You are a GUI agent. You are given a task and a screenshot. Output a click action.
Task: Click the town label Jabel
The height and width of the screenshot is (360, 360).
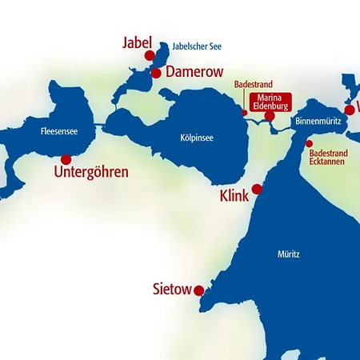pyautogui.click(x=136, y=42)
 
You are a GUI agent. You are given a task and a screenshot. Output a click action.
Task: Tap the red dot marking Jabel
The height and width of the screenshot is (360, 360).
pyautogui.click(x=149, y=55)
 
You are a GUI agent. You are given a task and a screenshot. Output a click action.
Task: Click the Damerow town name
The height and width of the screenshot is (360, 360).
pyautogui.click(x=194, y=72)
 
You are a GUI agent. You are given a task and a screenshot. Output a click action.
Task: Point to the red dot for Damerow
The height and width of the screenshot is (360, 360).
pyautogui.click(x=156, y=73)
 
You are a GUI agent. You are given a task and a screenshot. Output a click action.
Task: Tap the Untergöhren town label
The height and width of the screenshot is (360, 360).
pyautogui.click(x=90, y=171)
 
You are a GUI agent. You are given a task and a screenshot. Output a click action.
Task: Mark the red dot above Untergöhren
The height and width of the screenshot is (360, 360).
pyautogui.click(x=66, y=160)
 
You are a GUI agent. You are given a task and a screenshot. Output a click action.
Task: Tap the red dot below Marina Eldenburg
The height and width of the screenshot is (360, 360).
pyautogui.click(x=270, y=117)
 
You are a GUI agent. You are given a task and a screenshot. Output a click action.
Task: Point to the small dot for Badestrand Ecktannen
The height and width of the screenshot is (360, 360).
pyautogui.click(x=309, y=144)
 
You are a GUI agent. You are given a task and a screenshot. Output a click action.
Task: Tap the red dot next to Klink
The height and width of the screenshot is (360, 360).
pyautogui.click(x=257, y=190)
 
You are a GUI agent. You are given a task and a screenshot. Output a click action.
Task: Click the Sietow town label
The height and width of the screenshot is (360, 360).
pyautogui.click(x=172, y=289)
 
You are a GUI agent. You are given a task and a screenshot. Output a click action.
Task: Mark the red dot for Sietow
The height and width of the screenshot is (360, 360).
pyautogui.click(x=198, y=291)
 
